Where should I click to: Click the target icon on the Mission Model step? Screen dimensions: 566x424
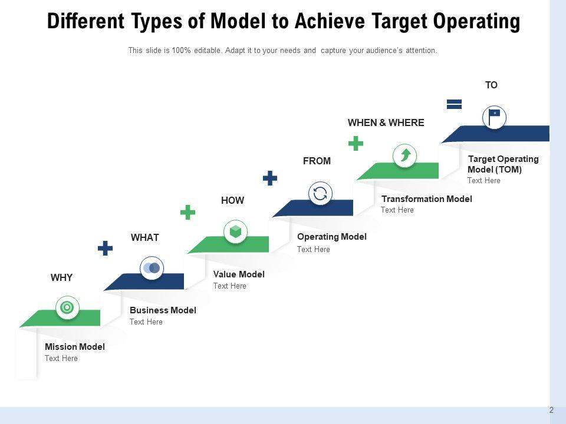pyautogui.click(x=67, y=307)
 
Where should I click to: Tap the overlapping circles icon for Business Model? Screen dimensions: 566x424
pyautogui.click(x=152, y=268)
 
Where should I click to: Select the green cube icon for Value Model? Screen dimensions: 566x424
pyautogui.click(x=236, y=231)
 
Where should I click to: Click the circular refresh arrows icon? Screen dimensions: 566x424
pyautogui.click(x=320, y=193)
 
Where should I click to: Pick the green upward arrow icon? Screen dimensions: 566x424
pyautogui.click(x=405, y=155)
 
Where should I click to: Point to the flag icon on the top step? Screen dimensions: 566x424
pyautogui.click(x=494, y=116)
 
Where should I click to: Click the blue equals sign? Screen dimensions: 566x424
pyautogui.click(x=454, y=104)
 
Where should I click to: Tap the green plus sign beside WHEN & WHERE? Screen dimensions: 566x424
pyautogui.click(x=356, y=143)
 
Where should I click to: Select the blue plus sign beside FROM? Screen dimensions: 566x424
pyautogui.click(x=270, y=178)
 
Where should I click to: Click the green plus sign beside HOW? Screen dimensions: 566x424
pyautogui.click(x=187, y=212)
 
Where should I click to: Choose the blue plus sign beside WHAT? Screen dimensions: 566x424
pyautogui.click(x=105, y=248)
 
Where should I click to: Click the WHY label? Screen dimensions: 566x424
pyautogui.click(x=61, y=277)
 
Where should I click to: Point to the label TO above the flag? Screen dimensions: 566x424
pyautogui.click(x=491, y=85)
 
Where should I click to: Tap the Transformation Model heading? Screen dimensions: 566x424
pyautogui.click(x=426, y=199)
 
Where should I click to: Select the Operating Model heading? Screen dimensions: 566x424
pyautogui.click(x=331, y=237)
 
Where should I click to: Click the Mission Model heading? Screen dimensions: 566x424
pyautogui.click(x=74, y=347)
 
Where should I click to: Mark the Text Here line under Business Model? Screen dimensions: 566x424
pyautogui.click(x=146, y=322)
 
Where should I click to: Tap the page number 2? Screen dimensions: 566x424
pyautogui.click(x=551, y=410)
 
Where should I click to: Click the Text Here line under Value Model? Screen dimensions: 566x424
pyautogui.click(x=229, y=286)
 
